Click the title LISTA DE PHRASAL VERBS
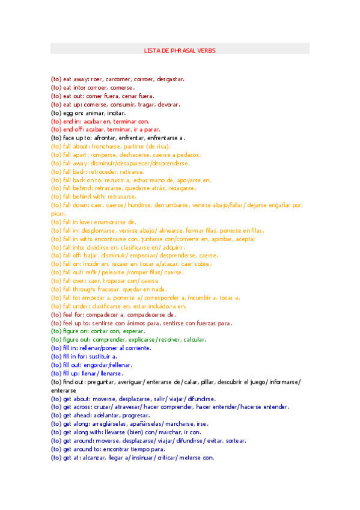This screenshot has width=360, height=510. [180, 51]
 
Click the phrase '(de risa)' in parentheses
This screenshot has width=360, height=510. [157, 146]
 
